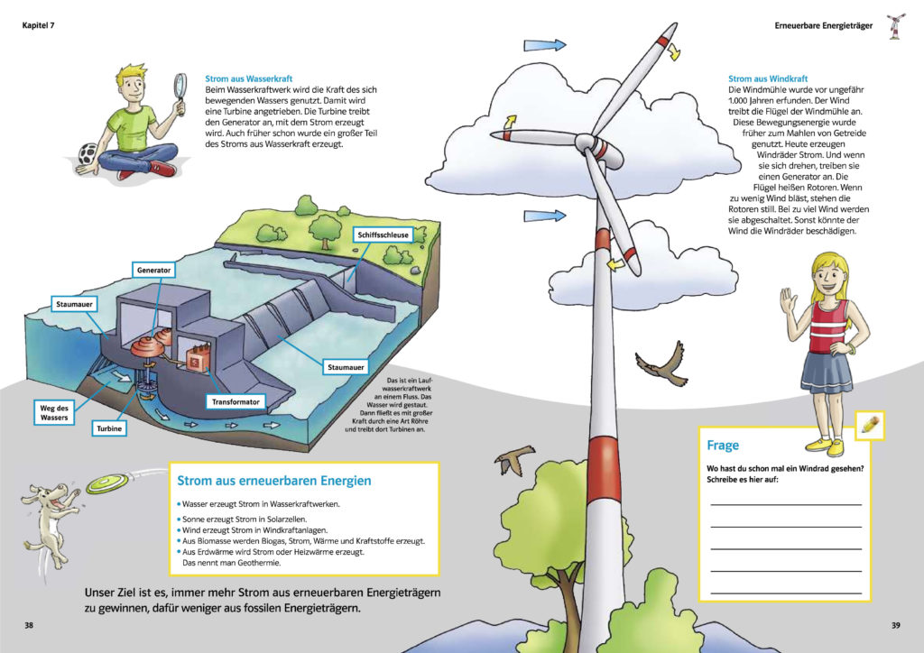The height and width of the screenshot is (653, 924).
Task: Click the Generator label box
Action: click(x=154, y=270)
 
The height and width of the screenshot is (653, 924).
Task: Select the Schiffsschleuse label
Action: click(x=383, y=235)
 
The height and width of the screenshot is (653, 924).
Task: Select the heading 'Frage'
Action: click(x=723, y=446)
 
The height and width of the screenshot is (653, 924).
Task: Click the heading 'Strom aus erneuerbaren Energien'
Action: click(x=273, y=481)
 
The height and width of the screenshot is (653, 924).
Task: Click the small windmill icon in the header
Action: click(x=895, y=27)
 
